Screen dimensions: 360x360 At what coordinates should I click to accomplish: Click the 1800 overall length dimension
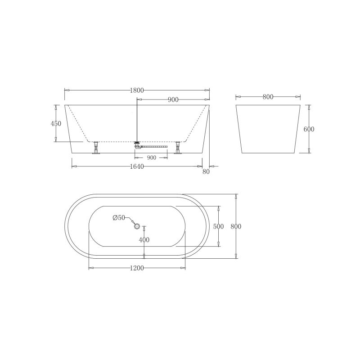[137, 90]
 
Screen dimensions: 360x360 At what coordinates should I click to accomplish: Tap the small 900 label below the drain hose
[151, 157]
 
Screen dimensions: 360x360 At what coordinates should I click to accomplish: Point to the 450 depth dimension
[56, 124]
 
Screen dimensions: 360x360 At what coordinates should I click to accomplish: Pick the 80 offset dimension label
[207, 171]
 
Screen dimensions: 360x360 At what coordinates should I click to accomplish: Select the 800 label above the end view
[268, 97]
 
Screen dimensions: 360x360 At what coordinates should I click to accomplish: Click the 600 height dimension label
[309, 129]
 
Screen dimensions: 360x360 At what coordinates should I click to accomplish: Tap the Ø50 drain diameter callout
[119, 218]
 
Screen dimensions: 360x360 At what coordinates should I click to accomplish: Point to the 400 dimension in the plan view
[144, 240]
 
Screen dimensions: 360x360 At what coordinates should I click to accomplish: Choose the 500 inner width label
[219, 227]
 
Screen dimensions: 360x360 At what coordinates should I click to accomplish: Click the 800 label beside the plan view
[236, 226]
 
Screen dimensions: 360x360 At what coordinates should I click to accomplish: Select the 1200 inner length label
[137, 268]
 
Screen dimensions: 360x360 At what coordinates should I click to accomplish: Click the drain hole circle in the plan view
[137, 226]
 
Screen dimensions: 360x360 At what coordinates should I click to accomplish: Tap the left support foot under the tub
[96, 148]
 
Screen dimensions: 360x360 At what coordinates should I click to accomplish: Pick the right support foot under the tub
[178, 148]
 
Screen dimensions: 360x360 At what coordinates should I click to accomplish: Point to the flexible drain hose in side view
[155, 146]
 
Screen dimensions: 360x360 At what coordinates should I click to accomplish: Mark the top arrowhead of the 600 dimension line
[309, 108]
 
